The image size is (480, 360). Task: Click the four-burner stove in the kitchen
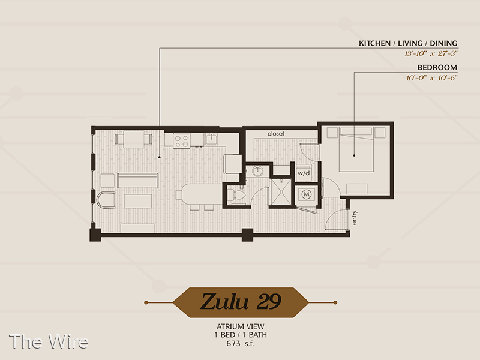pos(181,140)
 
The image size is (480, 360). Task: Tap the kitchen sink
pos(211,139)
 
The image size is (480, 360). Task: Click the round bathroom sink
pos(258,171)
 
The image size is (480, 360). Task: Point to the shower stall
pos(281,192)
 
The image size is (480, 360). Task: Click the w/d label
pos(304,173)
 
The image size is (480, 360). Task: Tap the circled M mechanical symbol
pos(307,194)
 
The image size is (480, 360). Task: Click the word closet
pos(276,134)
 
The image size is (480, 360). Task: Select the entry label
pos(354,218)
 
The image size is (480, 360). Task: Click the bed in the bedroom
pos(356,149)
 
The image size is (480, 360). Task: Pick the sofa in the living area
pos(138,180)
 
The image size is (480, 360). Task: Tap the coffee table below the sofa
pos(138,201)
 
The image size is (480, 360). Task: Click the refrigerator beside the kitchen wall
pos(233,164)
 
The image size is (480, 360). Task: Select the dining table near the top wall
pos(134,139)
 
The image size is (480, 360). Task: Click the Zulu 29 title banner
pos(241,302)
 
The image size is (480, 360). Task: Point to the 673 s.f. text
pos(241,343)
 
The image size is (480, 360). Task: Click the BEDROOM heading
pos(437,67)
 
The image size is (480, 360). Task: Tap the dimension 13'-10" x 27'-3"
pos(431,53)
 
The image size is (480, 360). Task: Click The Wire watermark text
pos(49,341)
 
